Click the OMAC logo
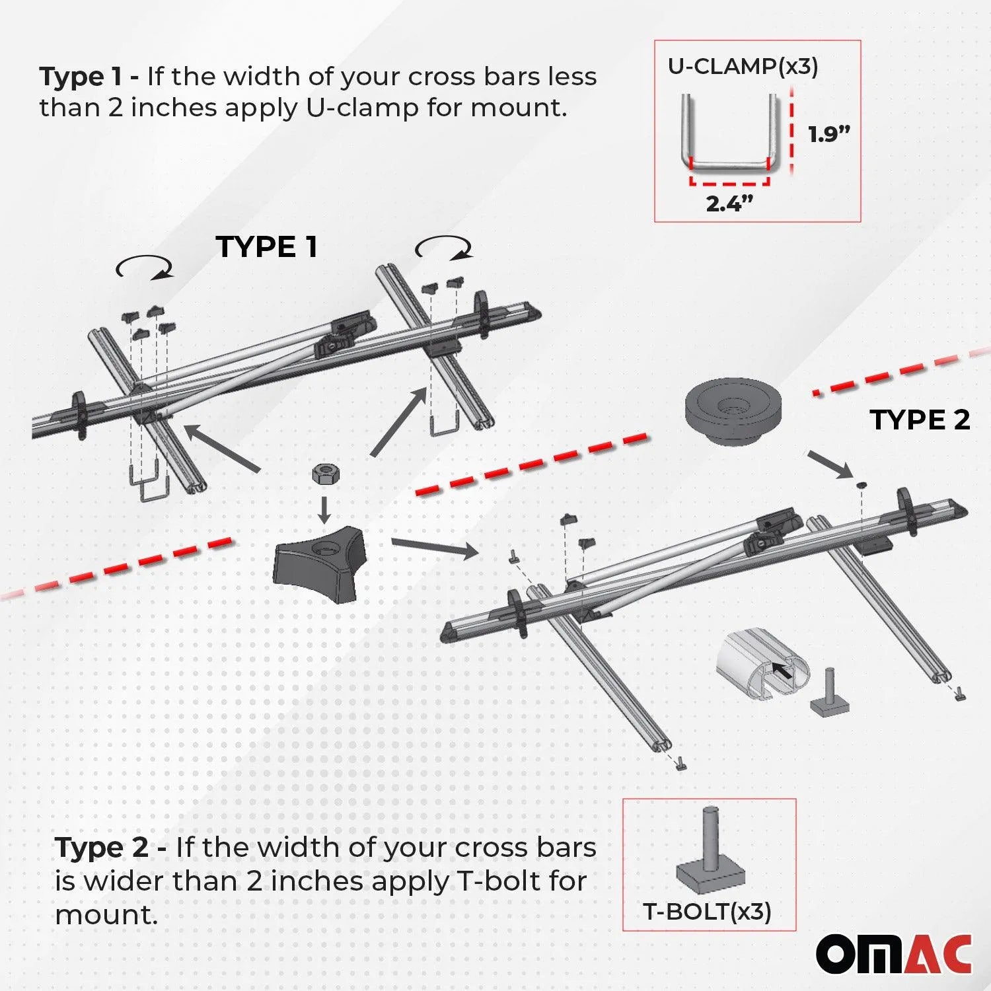tap(893, 954)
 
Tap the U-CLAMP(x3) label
tap(743, 66)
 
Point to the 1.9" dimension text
tap(828, 134)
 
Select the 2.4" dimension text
tap(729, 203)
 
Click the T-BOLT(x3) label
tap(707, 912)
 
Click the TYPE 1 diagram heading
tap(266, 247)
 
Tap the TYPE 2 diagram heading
tap(919, 420)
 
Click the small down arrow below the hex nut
tap(324, 508)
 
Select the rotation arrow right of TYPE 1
tap(444, 248)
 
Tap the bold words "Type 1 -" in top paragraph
tap(89, 77)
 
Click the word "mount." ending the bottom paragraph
tap(106, 916)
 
